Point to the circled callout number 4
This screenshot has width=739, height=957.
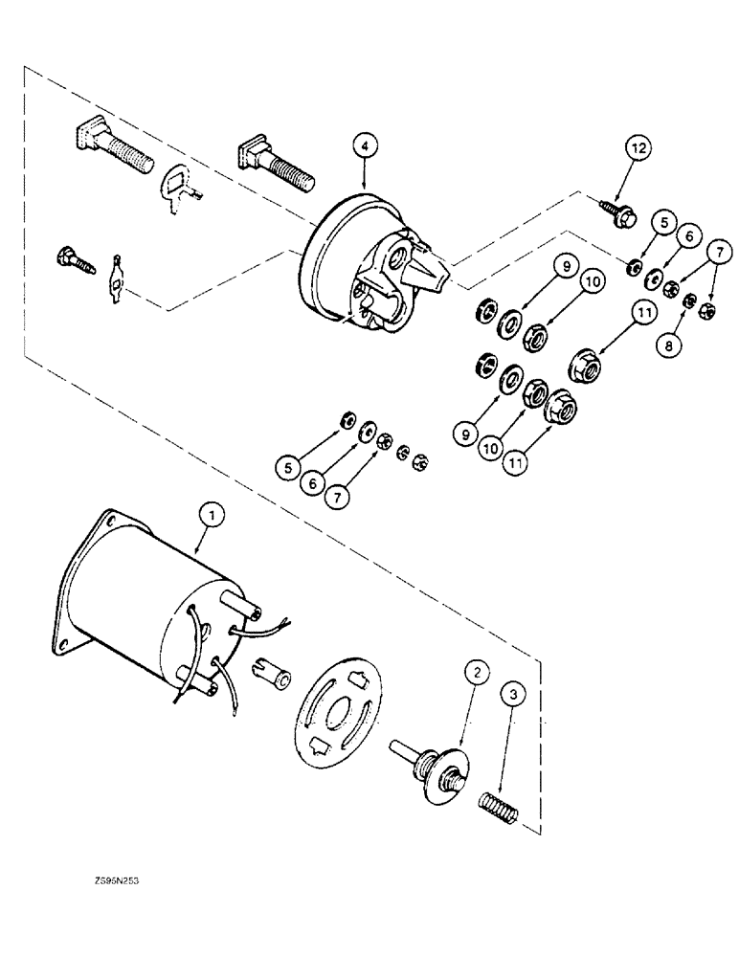(365, 146)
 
